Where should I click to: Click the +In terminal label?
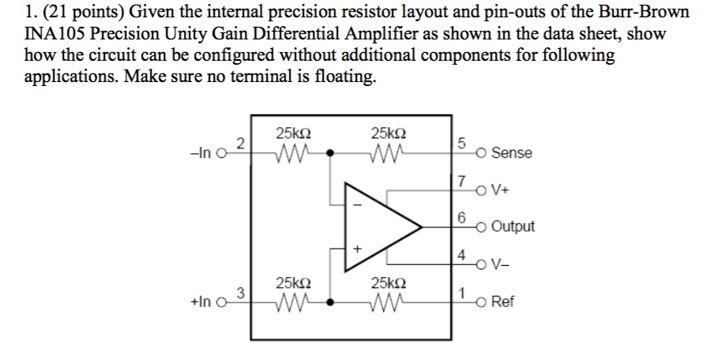click(201, 302)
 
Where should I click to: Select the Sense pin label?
click(511, 153)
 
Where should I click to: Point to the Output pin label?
click(512, 226)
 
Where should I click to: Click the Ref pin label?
click(503, 302)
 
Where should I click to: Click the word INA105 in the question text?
click(54, 36)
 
